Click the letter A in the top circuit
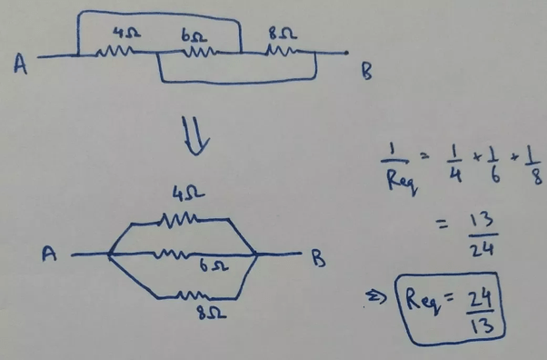(20, 65)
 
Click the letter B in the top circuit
(367, 72)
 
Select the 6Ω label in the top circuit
(194, 35)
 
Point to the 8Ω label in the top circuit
(283, 34)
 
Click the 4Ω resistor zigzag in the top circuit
(114, 52)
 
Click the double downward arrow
(195, 135)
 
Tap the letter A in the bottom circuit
(49, 254)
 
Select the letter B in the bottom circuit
(318, 258)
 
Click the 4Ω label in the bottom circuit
(188, 194)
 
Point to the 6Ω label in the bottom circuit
(214, 265)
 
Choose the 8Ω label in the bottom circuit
(212, 313)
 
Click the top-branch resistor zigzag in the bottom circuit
(179, 219)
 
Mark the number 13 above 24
(482, 220)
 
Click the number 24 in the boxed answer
(480, 299)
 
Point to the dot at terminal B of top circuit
(346, 53)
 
